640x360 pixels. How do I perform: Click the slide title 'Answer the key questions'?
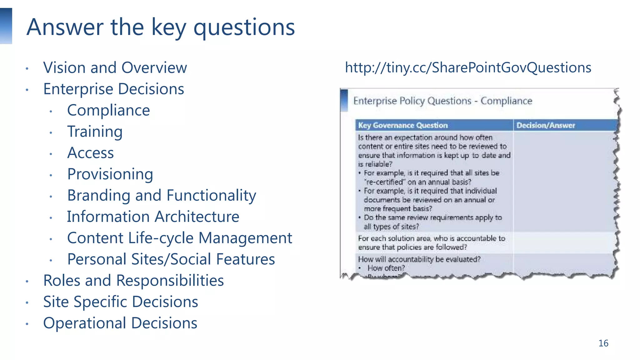click(161, 27)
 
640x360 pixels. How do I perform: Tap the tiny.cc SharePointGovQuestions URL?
click(468, 67)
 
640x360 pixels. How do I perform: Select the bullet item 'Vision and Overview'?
click(115, 68)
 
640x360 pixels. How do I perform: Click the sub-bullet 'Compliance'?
click(108, 110)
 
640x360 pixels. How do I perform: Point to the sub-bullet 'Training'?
click(95, 132)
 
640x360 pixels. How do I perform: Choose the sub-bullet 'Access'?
click(91, 153)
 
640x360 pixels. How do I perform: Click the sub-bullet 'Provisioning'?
click(110, 174)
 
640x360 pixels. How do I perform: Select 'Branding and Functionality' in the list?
click(162, 195)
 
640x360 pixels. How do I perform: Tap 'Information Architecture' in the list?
click(153, 217)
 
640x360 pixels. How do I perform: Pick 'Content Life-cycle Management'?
click(179, 238)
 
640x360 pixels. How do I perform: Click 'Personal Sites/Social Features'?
click(171, 259)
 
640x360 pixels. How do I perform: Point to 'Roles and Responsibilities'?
click(133, 280)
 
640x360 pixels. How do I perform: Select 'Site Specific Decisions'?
click(121, 302)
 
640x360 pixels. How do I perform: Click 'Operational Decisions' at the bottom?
click(120, 323)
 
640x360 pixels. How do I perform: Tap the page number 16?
click(603, 343)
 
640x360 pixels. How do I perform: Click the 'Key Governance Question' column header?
click(403, 125)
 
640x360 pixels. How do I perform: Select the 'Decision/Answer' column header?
click(545, 125)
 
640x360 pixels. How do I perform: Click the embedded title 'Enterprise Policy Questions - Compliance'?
click(442, 101)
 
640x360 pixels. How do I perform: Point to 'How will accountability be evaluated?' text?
click(419, 259)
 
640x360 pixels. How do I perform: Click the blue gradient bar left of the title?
click(6, 26)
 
